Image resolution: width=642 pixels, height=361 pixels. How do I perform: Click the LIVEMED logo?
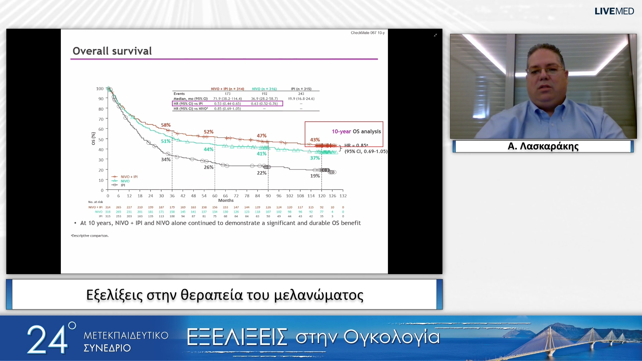(614, 11)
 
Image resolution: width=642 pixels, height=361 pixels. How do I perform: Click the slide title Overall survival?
(112, 51)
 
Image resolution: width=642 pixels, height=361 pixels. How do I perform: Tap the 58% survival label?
(166, 125)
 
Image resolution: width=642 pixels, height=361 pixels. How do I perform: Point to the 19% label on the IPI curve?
(315, 176)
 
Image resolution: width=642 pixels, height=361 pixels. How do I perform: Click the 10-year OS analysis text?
(356, 131)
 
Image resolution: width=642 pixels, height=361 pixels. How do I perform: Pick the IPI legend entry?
(123, 185)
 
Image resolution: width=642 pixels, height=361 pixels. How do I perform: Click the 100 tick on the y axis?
(100, 89)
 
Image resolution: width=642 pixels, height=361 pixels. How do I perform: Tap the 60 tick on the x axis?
(215, 196)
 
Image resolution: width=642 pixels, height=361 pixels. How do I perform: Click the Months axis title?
(226, 201)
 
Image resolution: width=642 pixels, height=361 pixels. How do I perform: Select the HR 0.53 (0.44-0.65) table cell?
(227, 104)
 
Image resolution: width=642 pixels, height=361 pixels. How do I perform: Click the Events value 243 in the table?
(301, 94)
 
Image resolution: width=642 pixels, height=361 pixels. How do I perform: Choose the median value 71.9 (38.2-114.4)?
(227, 99)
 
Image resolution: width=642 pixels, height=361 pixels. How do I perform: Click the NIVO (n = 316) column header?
(264, 89)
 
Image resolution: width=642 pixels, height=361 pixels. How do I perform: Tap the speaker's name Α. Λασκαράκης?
(543, 146)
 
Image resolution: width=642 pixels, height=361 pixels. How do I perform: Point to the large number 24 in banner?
(47, 339)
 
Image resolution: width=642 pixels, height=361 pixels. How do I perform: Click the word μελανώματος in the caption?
(319, 295)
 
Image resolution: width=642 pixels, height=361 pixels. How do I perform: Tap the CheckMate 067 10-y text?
(367, 33)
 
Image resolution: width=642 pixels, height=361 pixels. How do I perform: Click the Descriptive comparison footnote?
(90, 236)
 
